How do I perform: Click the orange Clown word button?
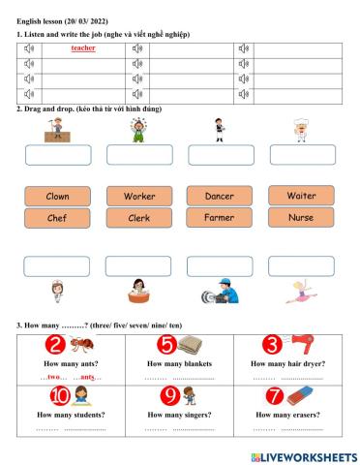(57, 196)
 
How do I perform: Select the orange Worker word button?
(139, 196)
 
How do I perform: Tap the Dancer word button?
(220, 196)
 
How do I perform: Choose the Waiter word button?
(301, 195)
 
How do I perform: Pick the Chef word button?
(57, 218)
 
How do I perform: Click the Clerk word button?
(139, 218)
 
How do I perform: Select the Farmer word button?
(220, 218)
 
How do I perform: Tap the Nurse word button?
(301, 217)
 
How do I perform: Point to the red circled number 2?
(55, 344)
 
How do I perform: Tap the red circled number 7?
(275, 395)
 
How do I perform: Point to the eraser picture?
(301, 395)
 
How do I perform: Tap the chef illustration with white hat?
(301, 129)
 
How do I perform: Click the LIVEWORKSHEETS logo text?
(309, 455)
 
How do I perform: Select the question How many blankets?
(179, 363)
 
